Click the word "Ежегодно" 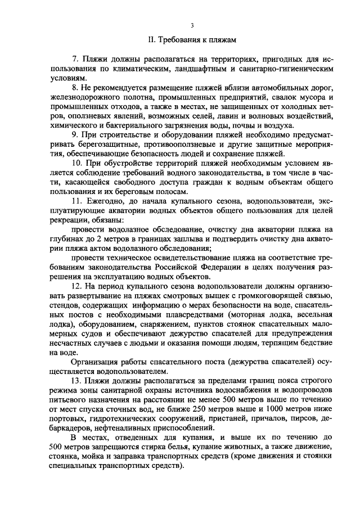tap(105, 201)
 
